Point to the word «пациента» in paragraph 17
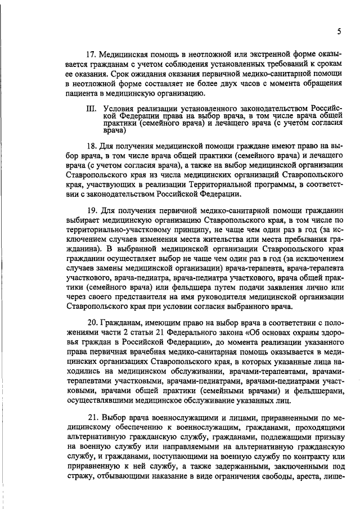pos(84,93)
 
